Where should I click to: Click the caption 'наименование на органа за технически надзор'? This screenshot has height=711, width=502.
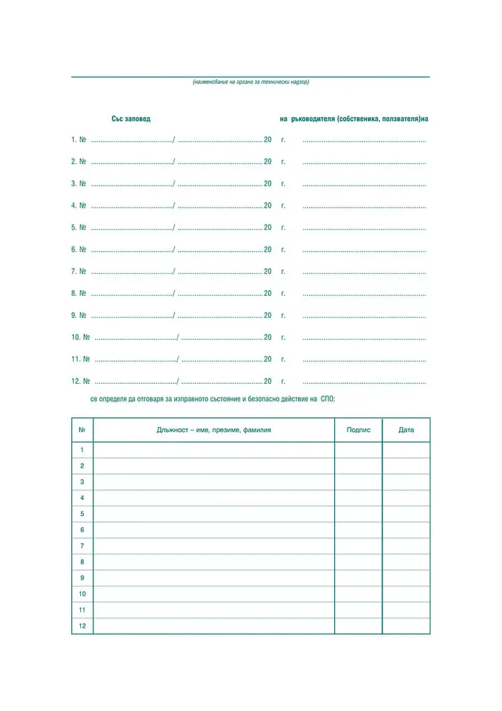[250, 82]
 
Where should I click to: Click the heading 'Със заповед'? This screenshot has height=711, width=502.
[131, 119]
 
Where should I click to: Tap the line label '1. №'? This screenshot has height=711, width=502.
[78, 140]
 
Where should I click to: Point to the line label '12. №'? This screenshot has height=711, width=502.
[80, 381]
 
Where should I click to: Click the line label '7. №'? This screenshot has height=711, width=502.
[78, 272]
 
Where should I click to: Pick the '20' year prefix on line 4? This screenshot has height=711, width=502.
[267, 205]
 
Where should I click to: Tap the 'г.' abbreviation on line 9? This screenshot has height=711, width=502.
[283, 315]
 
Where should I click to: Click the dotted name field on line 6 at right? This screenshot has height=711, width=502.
[364, 250]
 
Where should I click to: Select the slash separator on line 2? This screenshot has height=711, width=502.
[174, 162]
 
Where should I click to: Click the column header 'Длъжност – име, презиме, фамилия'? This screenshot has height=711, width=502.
[214, 430]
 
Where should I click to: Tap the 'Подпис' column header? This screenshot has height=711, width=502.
[358, 430]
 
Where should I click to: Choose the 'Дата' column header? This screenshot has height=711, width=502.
[406, 430]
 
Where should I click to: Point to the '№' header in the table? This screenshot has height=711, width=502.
[82, 430]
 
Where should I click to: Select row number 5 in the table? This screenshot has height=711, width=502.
[82, 514]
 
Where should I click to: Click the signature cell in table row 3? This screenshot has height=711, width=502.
[358, 482]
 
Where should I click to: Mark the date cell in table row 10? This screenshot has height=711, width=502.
[406, 594]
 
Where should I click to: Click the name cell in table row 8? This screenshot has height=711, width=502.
[214, 562]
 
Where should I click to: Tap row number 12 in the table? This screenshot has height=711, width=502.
[82, 626]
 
